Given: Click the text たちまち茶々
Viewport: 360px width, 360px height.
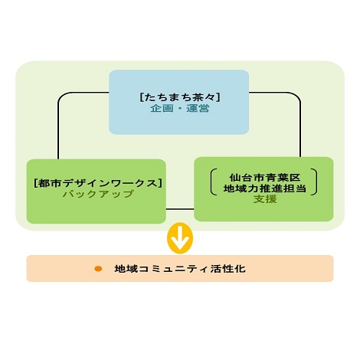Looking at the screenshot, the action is point(180,97).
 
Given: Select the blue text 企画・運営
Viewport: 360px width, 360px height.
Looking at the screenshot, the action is point(180,109).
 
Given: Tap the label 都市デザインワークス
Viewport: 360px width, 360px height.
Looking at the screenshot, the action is point(98,183).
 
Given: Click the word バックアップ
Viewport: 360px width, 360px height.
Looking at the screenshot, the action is point(98,194).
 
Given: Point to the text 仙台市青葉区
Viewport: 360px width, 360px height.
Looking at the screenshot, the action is point(264,177).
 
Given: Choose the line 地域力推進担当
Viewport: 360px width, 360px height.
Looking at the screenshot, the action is point(264,188).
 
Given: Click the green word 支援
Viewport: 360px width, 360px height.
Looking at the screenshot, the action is point(265,199).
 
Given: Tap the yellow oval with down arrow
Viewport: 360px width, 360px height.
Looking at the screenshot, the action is point(180,238).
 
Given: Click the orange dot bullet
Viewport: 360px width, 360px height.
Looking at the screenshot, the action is point(98,269).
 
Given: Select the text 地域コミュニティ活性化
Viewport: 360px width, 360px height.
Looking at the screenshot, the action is point(180,269).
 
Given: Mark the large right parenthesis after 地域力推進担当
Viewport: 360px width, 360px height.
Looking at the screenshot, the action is point(315,182).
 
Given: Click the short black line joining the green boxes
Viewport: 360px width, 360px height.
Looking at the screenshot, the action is point(180,209).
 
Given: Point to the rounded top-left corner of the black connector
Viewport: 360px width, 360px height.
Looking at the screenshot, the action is point(61,95).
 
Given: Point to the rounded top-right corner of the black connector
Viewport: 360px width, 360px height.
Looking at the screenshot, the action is point(298,95).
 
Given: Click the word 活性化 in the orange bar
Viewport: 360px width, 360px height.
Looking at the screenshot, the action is point(228,269).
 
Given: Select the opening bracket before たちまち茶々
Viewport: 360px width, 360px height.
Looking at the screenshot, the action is point(142,97).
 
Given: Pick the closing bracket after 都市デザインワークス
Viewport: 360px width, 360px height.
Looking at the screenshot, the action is point(159,183).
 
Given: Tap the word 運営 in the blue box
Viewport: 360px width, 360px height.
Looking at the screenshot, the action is point(198,109).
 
